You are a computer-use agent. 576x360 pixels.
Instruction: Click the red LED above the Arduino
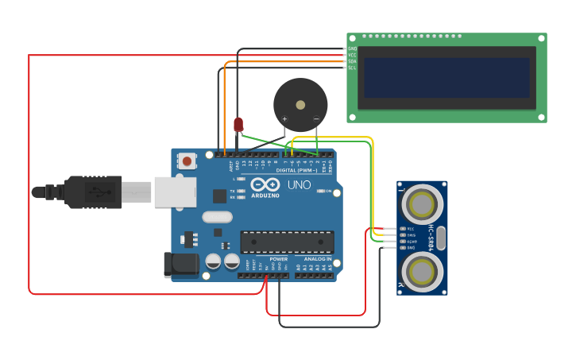238,125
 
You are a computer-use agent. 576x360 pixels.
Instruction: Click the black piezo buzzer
300,104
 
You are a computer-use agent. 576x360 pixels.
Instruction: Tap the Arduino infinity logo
265,185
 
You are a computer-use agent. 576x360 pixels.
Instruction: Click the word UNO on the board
299,185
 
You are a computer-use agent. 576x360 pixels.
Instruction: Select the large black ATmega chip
287,242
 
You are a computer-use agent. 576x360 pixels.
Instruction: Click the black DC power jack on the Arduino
178,265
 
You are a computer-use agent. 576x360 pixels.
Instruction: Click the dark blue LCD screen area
446,77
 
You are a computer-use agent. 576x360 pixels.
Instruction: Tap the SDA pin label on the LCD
352,61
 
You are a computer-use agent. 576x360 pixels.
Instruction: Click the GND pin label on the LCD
352,48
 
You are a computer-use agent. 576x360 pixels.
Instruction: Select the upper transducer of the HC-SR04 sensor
421,204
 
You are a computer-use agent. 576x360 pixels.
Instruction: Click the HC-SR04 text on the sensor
431,238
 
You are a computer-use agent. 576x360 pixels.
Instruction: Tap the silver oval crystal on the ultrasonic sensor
441,238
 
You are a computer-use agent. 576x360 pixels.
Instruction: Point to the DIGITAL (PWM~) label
296,170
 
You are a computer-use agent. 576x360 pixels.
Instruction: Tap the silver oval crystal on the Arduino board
217,217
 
